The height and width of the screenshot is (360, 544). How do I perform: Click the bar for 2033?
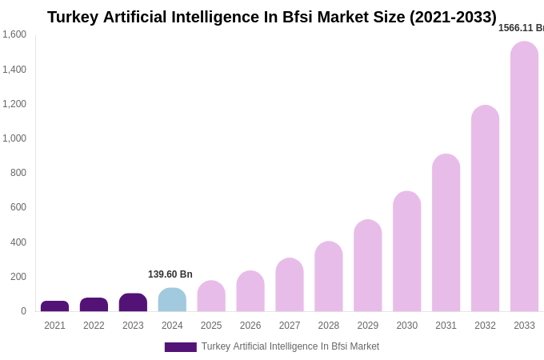pyautogui.click(x=524, y=176)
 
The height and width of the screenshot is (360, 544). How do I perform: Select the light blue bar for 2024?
pyautogui.click(x=172, y=300)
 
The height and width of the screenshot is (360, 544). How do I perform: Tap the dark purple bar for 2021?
pyautogui.click(x=54, y=306)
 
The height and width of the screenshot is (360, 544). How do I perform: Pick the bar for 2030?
pyautogui.click(x=406, y=251)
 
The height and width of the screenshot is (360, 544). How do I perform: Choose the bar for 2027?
pyautogui.click(x=290, y=285)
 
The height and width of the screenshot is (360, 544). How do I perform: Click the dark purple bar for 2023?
pyautogui.click(x=133, y=302)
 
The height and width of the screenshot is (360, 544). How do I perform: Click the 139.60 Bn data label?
pyautogui.click(x=170, y=274)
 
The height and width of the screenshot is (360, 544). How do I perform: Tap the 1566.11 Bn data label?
pyautogui.click(x=521, y=28)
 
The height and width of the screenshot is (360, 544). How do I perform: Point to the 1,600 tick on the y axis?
pyautogui.click(x=14, y=34)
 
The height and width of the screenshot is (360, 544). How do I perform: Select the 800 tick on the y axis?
pyautogui.click(x=18, y=173)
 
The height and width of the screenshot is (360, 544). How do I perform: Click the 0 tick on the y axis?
pyautogui.click(x=23, y=311)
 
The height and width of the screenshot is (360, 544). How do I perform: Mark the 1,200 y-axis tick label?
pyautogui.click(x=14, y=104)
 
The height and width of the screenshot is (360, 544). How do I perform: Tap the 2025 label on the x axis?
pyautogui.click(x=211, y=326)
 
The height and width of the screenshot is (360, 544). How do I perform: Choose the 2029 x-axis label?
pyautogui.click(x=368, y=326)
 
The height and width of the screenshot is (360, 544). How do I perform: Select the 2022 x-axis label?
pyautogui.click(x=94, y=326)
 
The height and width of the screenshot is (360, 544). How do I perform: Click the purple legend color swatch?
pyautogui.click(x=180, y=347)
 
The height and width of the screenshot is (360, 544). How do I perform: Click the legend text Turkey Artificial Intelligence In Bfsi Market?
pyautogui.click(x=290, y=346)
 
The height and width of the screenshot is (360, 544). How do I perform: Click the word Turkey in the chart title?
pyautogui.click(x=73, y=17)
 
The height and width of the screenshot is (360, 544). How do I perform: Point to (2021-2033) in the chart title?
pyautogui.click(x=453, y=17)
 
